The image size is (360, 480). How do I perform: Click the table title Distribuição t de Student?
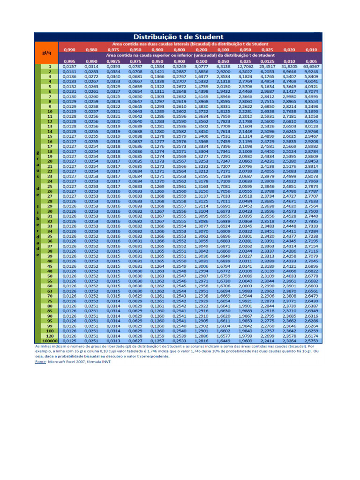click(179, 37)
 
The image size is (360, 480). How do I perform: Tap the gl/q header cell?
click(47, 52)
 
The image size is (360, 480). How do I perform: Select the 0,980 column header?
click(91, 49)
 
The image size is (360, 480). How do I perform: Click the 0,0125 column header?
click(267, 61)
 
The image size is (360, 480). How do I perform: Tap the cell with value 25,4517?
click(267, 67)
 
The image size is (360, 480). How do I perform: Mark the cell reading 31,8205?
click(289, 67)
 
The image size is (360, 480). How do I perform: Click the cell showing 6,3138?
click(223, 67)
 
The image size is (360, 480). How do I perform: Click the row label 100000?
click(49, 341)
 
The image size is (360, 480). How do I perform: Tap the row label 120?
click(49, 336)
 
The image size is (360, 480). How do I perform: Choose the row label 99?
click(49, 326)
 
